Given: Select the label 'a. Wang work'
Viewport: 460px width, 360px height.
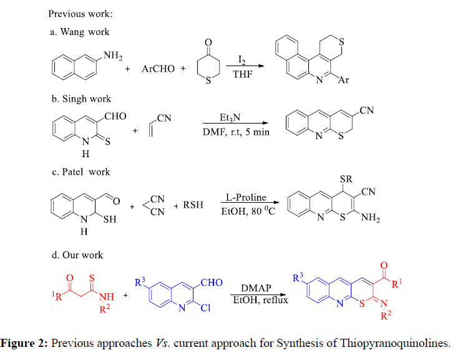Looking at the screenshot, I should [77, 32].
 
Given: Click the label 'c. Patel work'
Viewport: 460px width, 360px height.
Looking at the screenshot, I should [78, 172].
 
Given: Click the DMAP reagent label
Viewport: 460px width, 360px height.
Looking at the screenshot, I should [256, 288].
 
